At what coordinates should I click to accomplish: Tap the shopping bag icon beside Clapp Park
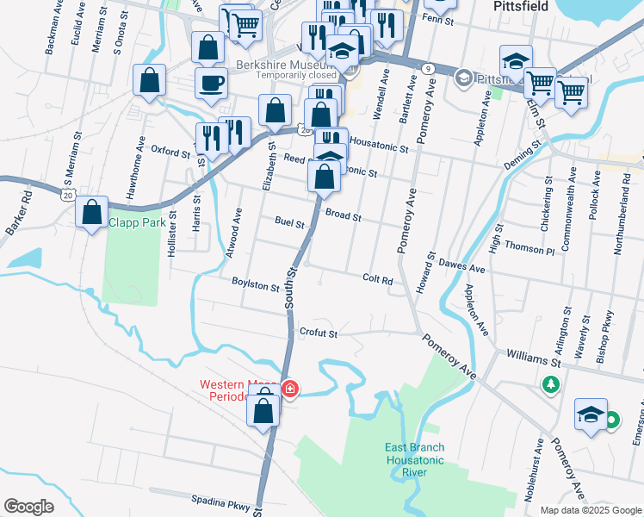[x=92, y=212]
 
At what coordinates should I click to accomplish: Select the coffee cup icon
[x=211, y=83]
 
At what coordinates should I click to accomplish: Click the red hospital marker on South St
[x=290, y=389]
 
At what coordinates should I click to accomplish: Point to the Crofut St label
[x=319, y=332]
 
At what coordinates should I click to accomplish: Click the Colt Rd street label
[x=377, y=279]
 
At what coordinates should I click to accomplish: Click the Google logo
[x=28, y=506]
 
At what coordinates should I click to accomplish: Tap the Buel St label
[x=290, y=223]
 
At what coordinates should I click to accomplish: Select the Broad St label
[x=343, y=215]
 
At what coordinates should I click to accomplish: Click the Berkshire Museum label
[x=282, y=65]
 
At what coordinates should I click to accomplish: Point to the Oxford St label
[x=170, y=151]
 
